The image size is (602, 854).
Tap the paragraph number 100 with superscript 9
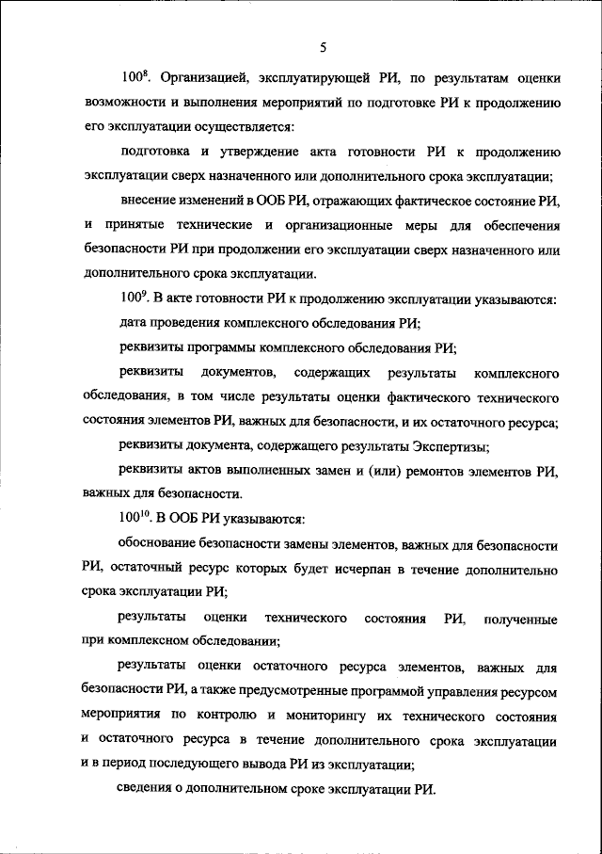(x=135, y=299)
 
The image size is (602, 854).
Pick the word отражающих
(x=356, y=201)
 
